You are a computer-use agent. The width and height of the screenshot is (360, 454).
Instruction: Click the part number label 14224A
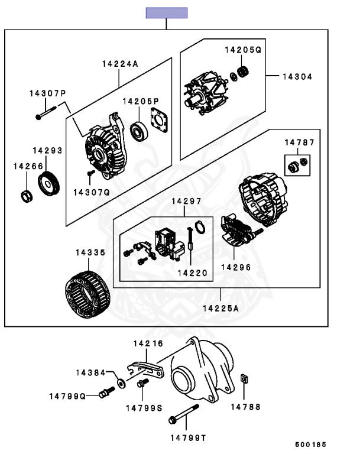point(120,63)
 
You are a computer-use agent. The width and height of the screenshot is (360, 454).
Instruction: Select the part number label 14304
point(297,76)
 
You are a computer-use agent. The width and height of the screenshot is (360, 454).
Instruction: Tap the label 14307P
point(48,93)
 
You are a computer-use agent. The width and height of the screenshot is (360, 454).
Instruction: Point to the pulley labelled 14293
point(48,183)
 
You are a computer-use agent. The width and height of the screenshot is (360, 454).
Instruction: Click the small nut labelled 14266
point(26,196)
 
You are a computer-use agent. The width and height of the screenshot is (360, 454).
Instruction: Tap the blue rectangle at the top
point(167,13)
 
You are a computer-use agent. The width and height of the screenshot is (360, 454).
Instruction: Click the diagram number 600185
point(310,444)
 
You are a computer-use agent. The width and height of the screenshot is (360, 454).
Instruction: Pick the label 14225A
point(220,308)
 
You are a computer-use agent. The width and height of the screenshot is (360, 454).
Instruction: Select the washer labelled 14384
point(121,384)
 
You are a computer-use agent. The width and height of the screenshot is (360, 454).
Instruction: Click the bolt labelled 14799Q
point(106,393)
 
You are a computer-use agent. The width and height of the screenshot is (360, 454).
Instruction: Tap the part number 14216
point(148,343)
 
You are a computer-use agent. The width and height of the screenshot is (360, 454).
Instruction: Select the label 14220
point(192,274)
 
